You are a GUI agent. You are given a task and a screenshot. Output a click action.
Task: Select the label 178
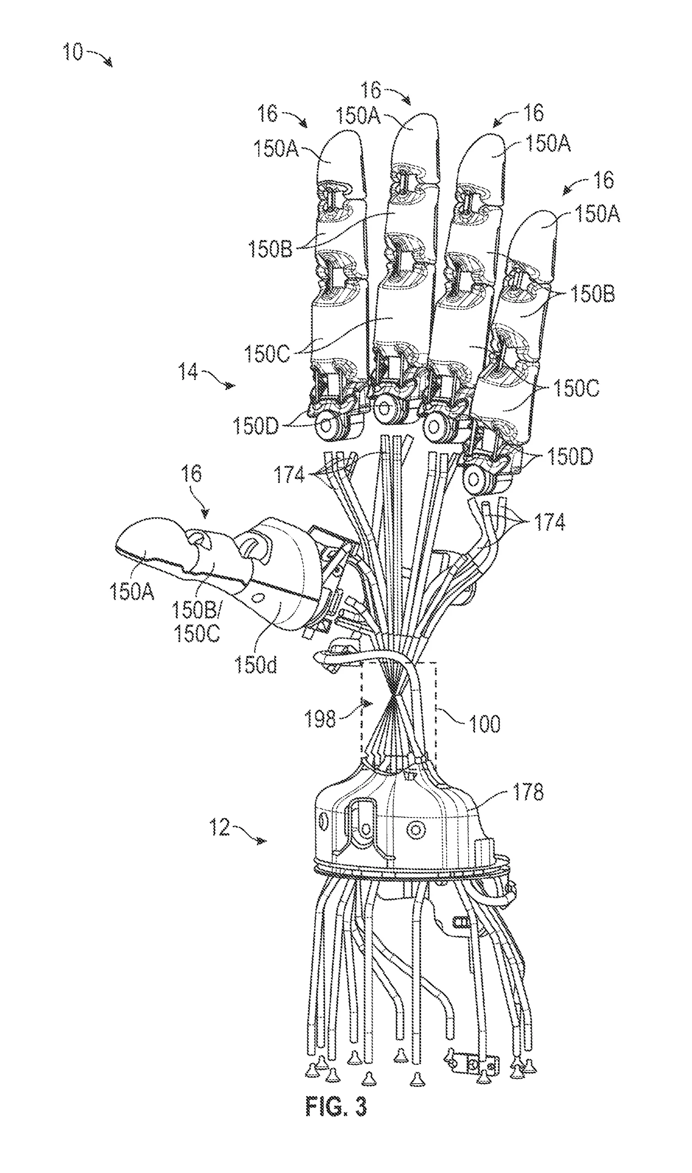[x=528, y=792]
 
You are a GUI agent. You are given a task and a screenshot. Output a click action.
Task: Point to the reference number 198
[x=320, y=718]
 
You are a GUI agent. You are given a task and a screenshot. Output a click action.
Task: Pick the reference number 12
[x=219, y=827]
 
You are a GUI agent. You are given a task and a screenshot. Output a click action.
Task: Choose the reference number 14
[x=188, y=372]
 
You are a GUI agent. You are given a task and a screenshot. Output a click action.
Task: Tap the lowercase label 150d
[x=255, y=664]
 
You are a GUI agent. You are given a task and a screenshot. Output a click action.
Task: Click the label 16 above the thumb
[x=191, y=474]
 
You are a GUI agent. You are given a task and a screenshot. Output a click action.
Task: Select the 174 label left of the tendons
[x=289, y=475]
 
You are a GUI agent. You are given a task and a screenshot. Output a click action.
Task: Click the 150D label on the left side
[x=255, y=426]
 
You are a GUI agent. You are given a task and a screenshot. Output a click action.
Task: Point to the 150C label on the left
[x=267, y=353]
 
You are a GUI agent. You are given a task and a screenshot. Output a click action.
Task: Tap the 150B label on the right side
[x=592, y=294]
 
